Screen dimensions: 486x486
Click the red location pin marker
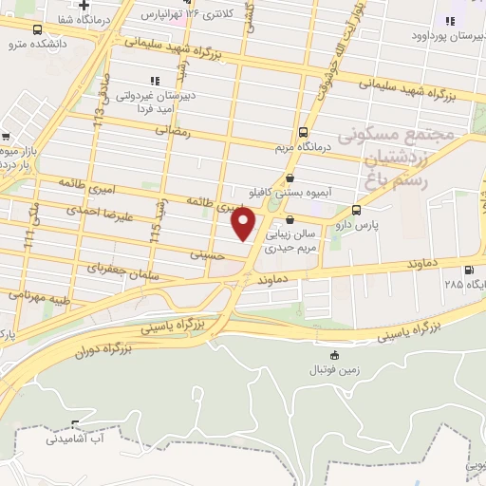point(245,224)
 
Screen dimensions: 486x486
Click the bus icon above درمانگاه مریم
point(303,132)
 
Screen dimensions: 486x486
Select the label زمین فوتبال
point(327,366)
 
